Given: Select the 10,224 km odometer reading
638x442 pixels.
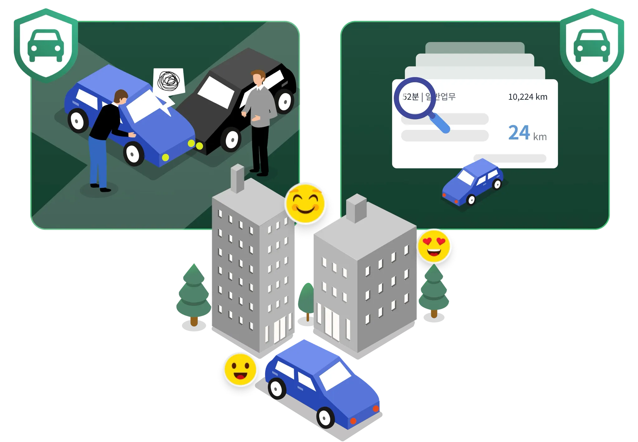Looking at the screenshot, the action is point(527,97).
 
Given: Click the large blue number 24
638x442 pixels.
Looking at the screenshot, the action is point(519,133).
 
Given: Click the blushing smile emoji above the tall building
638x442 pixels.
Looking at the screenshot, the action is point(305,203).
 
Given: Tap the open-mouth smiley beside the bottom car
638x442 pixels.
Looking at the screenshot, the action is point(240,370).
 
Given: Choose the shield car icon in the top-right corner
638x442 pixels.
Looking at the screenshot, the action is point(592,46).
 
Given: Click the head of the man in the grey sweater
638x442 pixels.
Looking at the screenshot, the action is point(258,78).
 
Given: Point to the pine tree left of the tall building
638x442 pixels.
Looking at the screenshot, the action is point(193,293).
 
